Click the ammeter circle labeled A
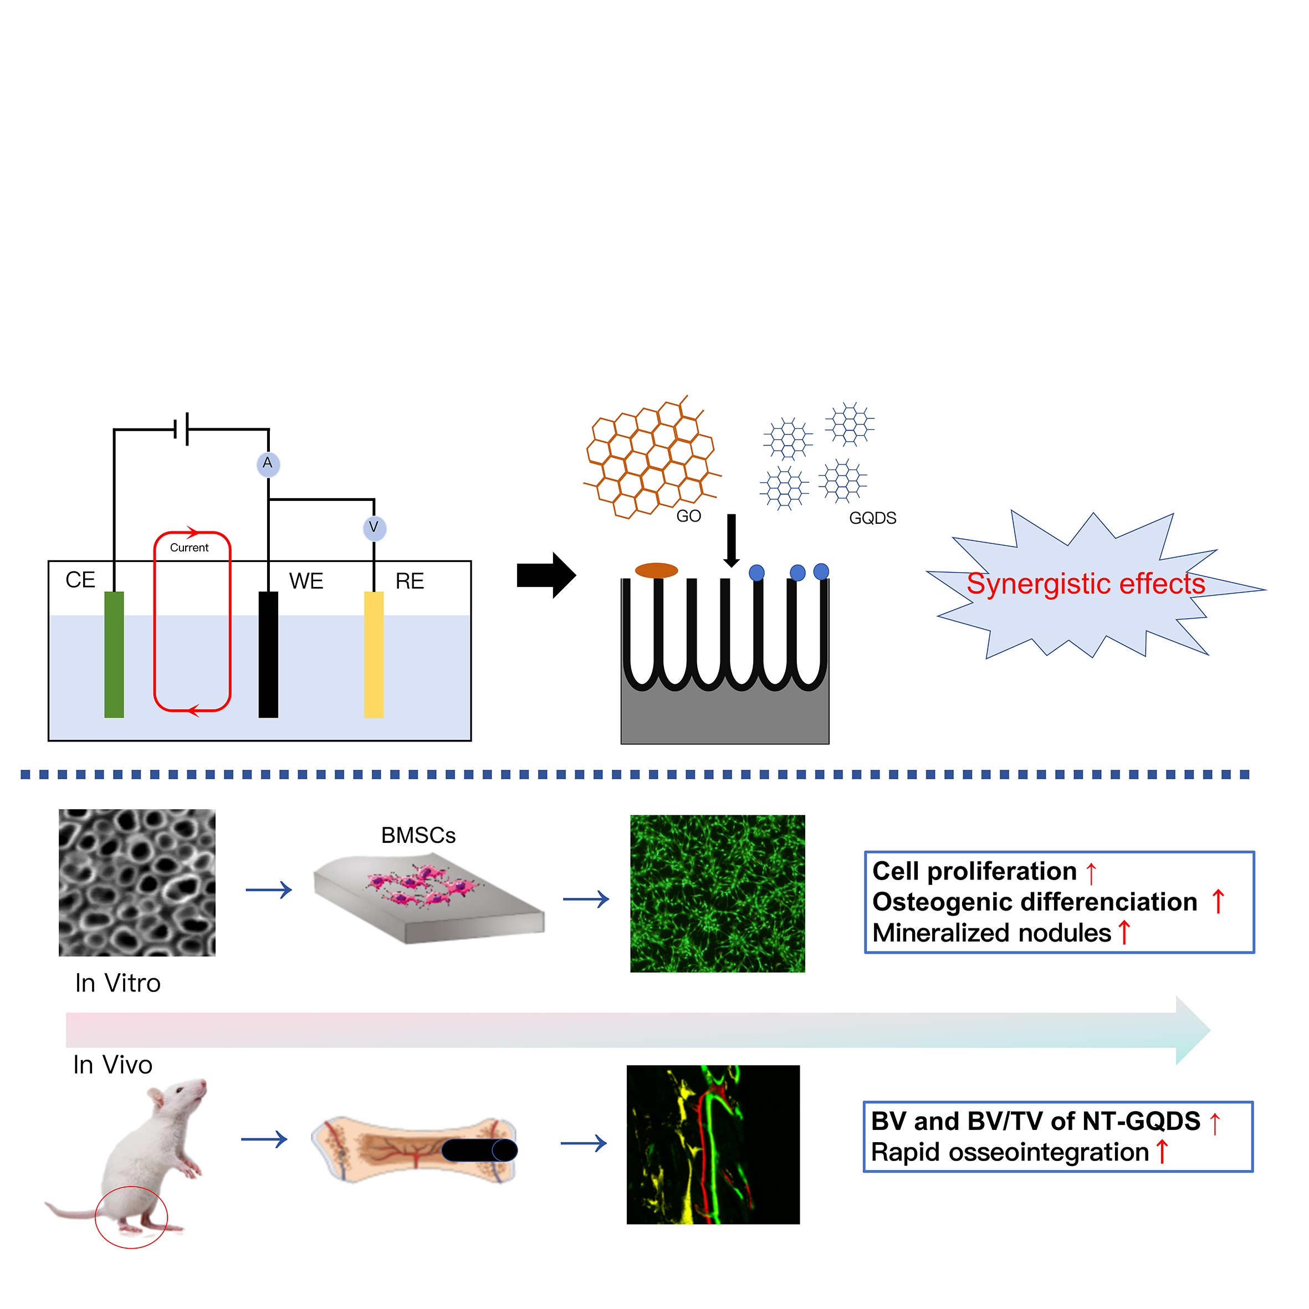[x=268, y=464]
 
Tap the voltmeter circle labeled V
[x=374, y=528]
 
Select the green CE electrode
[x=114, y=654]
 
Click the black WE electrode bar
[x=268, y=654]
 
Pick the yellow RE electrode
[x=374, y=654]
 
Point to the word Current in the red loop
[x=189, y=548]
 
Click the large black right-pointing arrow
[x=545, y=575]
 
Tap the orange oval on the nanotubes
[x=656, y=570]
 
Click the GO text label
[x=688, y=517]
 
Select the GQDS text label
[x=873, y=518]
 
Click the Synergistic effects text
[x=1086, y=584]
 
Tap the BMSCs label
[x=418, y=835]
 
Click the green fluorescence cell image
[x=718, y=894]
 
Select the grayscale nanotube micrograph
[x=137, y=882]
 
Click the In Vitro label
[x=118, y=983]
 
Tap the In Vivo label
[x=113, y=1065]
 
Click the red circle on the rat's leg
[x=131, y=1217]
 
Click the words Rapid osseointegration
[x=1010, y=1153]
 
